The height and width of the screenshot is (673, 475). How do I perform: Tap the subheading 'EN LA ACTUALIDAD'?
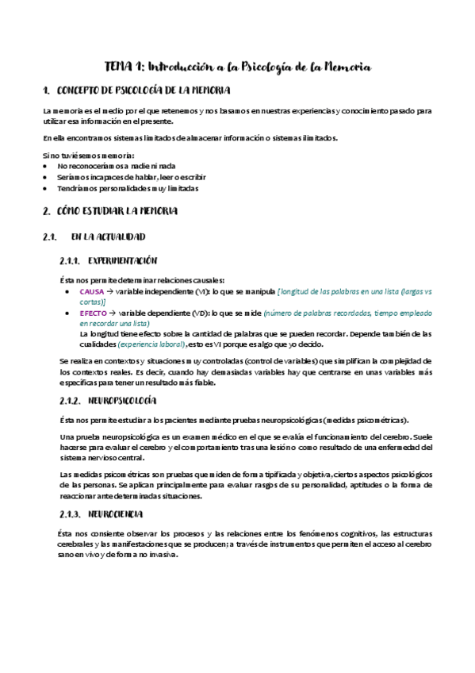pyautogui.click(x=108, y=237)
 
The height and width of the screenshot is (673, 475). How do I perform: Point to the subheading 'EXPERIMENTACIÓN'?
pyautogui.click(x=124, y=260)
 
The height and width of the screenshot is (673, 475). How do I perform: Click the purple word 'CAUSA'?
pyautogui.click(x=92, y=292)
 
